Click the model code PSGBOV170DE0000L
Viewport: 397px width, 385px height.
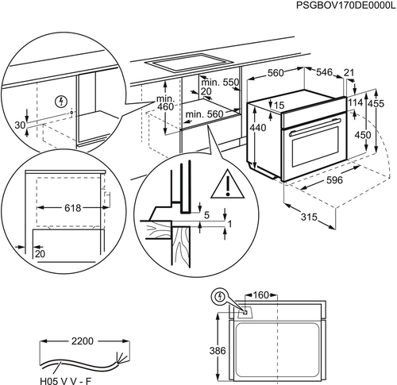coord(346,5)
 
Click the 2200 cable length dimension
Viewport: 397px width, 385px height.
coord(83,341)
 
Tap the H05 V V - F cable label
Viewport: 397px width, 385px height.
coord(65,381)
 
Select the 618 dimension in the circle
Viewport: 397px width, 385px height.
coord(73,208)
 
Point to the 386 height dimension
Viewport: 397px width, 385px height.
coord(218,351)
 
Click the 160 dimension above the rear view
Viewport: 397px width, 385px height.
coord(261,295)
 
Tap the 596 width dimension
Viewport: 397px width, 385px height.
coord(334,180)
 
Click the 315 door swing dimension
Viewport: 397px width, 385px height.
coord(309,217)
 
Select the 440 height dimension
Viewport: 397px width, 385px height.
coord(258,128)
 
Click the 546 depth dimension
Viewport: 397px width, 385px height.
coord(324,72)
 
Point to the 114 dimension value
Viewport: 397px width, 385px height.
coord(356,102)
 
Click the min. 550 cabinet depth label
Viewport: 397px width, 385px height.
coord(220,83)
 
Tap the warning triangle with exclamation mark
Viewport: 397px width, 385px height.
coord(227,185)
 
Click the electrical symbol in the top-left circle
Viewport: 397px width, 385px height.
coord(61,102)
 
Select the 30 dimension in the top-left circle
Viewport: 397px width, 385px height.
coord(20,125)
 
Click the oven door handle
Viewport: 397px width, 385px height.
coord(315,127)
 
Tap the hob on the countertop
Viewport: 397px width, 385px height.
coord(189,63)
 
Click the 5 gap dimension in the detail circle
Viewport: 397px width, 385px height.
coord(206,215)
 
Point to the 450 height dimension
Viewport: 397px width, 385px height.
coord(363,135)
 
